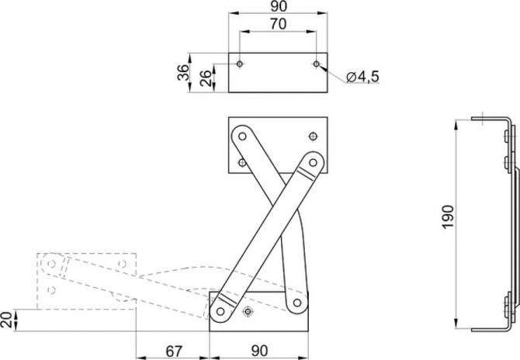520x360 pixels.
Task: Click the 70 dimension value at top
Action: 278,24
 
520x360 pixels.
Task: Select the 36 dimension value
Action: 183,72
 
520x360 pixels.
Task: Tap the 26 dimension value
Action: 206,78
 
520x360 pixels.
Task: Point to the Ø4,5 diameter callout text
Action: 362,77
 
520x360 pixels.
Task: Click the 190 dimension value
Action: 448,216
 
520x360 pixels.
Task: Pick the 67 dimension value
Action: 174,351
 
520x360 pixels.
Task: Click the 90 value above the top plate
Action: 278,6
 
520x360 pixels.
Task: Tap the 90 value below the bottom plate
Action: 259,351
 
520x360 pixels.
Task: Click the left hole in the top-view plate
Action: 240,64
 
